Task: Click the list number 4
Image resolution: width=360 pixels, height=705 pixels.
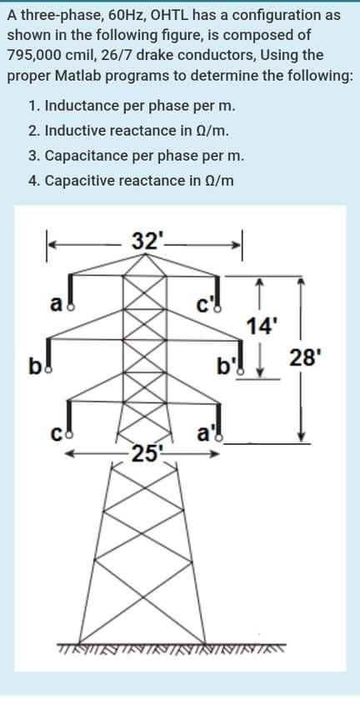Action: click(31, 181)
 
